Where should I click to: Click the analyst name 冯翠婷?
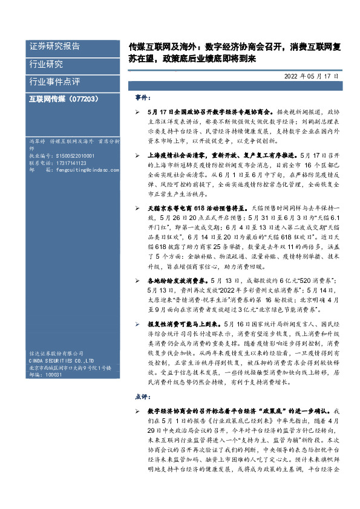tap(38, 141)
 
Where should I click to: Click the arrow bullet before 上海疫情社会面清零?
tap(139, 155)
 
